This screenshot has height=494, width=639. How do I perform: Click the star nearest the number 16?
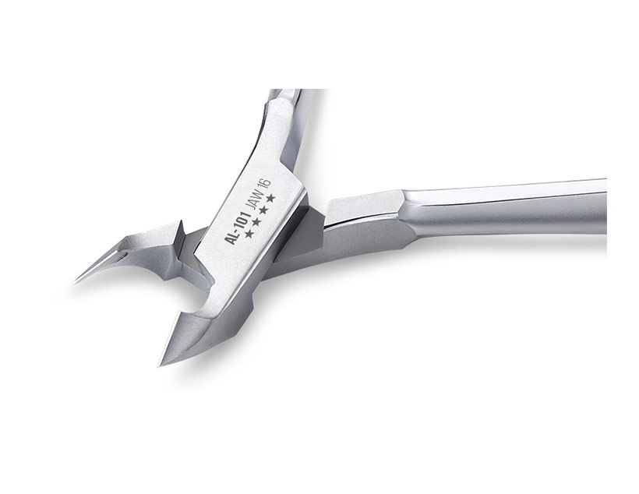tap(270, 198)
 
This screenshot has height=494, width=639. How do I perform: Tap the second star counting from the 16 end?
tap(263, 210)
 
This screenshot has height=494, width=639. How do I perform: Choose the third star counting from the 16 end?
tap(256, 222)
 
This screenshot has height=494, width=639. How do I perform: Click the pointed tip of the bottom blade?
tap(160, 365)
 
